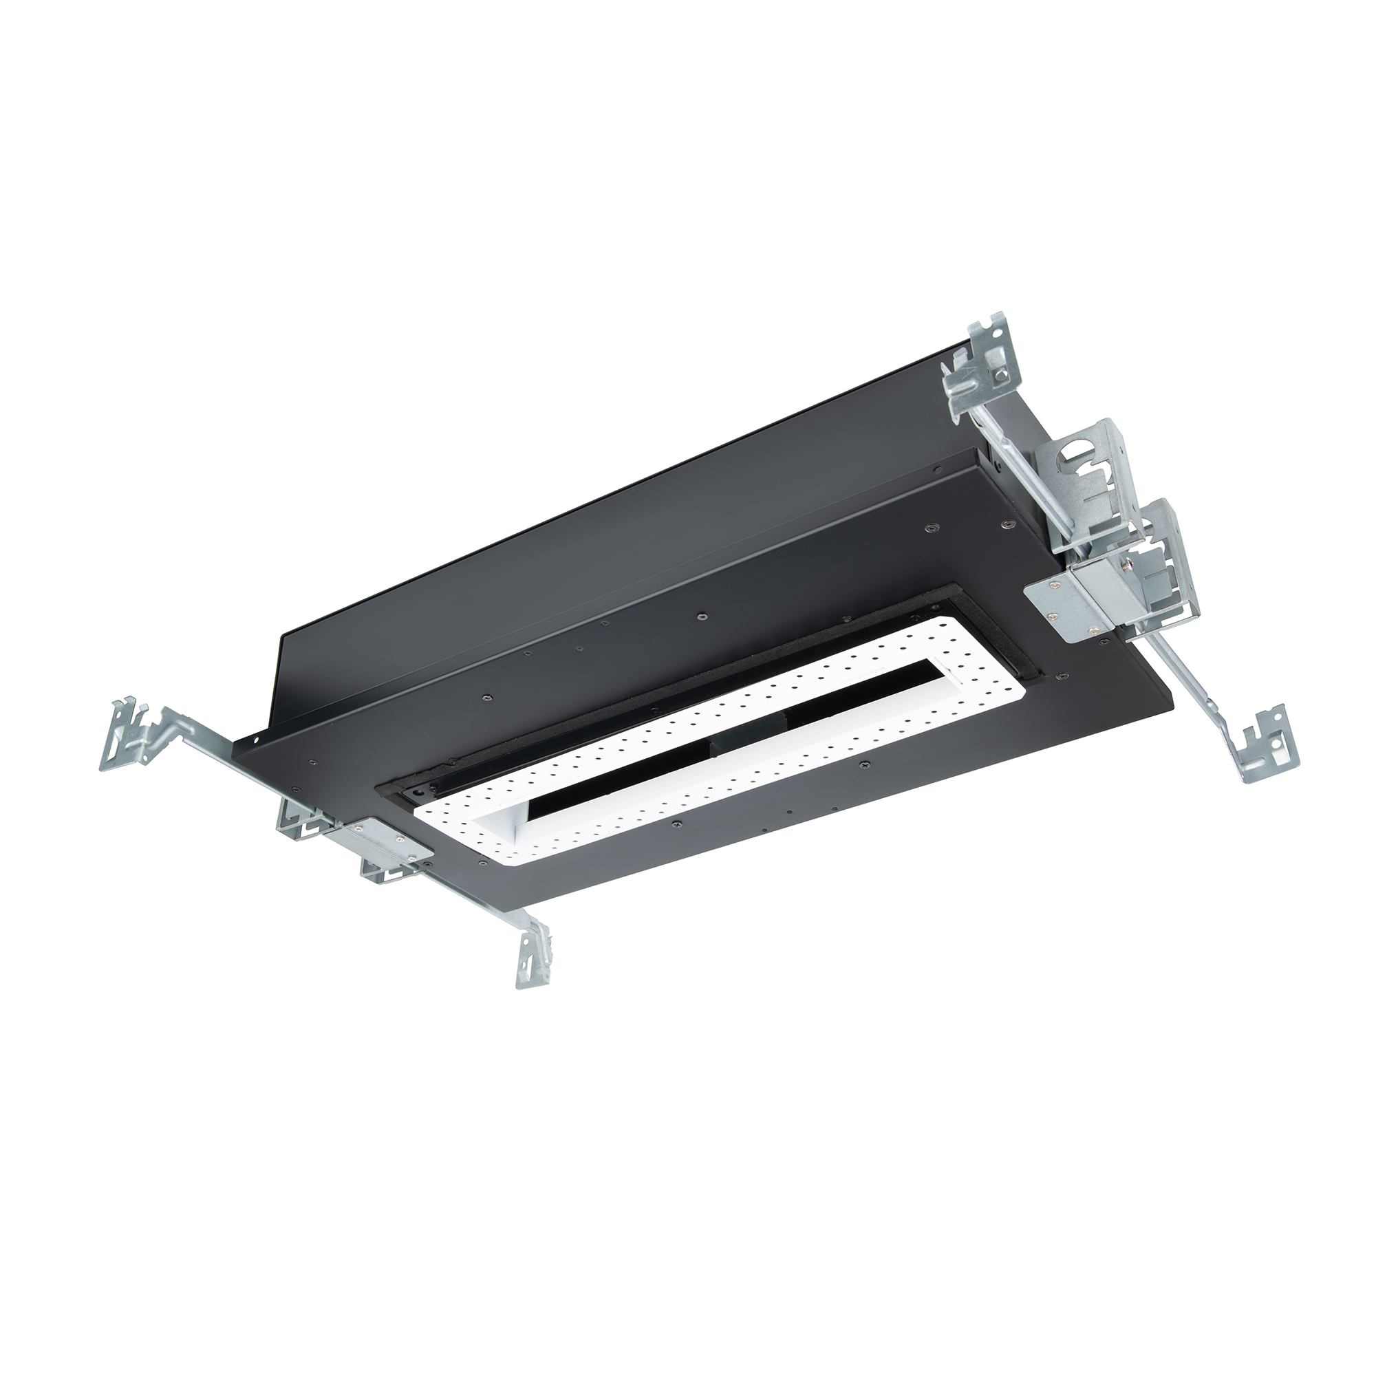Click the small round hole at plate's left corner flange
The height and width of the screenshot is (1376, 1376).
(x=252, y=742)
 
